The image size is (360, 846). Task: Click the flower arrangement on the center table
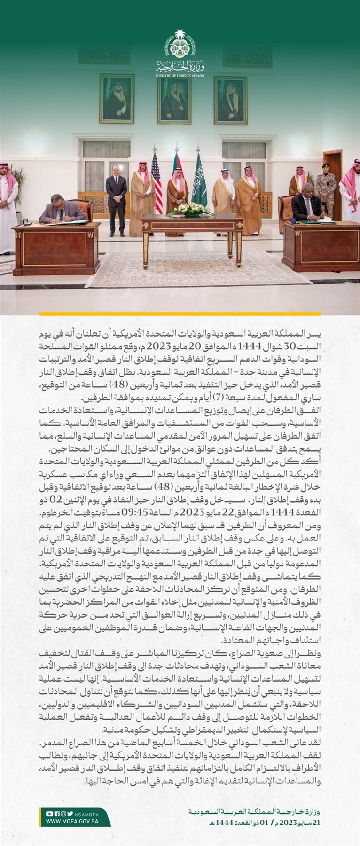pos(190,210)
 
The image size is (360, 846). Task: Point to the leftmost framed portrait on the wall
pos(117,98)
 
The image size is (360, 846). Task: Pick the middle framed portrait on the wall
pos(174,100)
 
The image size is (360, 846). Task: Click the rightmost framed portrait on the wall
pos(230,100)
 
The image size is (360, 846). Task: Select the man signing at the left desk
pos(61,209)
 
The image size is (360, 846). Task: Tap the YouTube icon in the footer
pos(49,814)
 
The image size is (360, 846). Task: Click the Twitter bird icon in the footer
pos(70,814)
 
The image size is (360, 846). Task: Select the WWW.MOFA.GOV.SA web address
pos(72,822)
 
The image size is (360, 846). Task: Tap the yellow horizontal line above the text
pos(180,313)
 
